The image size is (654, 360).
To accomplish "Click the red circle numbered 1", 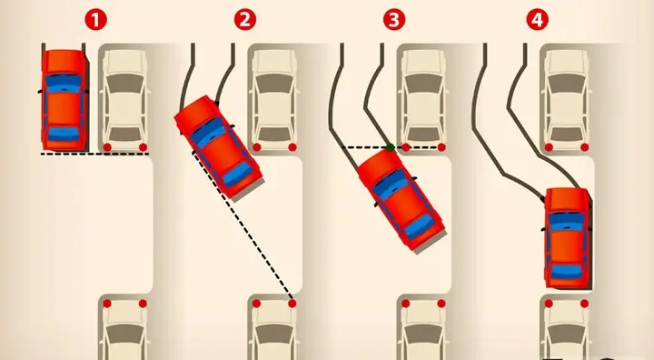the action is pos(96,20).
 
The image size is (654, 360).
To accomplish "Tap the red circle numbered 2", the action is pos(245,20).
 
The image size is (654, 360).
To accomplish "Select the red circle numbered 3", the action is pos(393,20).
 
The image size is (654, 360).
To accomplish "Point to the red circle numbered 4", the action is pos(537,20).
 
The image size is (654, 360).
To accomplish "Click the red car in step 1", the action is pos(64,99).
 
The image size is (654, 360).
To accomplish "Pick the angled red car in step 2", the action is pos(218,146).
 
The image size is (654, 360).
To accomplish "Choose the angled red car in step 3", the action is pos(401,200).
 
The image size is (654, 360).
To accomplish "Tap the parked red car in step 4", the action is pos(568,238).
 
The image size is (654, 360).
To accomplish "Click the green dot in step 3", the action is pos(391,147).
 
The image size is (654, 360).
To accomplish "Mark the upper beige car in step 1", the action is pos(125,100).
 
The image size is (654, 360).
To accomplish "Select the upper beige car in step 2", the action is pos(274,100).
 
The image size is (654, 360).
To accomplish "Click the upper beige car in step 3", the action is pos(424,100).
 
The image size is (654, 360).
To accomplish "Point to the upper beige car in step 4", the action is pos(567,100).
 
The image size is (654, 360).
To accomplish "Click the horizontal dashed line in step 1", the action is pos(94,154).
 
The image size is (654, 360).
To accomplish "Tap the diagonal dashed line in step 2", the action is pos(243,227).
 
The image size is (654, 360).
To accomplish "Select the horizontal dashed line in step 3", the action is pos(393,147).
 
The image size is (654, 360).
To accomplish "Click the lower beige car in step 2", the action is pos(274,328).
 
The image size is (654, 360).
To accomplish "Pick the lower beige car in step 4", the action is pos(567,328).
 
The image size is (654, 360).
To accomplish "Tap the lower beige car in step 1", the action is pos(125,328).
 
